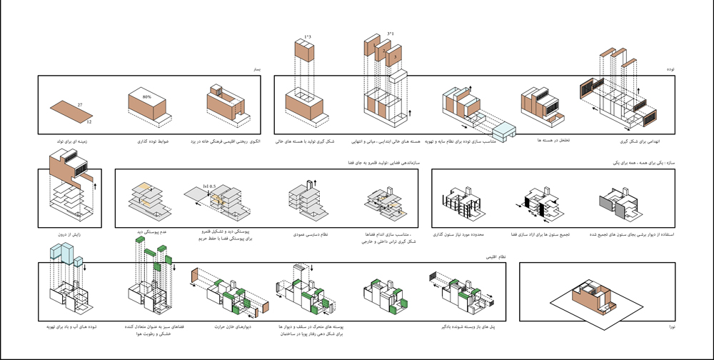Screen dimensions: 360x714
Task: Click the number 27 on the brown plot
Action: point(80,106)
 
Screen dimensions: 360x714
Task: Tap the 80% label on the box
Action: point(147,96)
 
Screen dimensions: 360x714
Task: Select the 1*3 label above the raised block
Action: point(307,36)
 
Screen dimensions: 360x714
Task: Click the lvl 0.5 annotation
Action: point(208,186)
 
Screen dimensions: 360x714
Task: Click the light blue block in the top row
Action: point(503,131)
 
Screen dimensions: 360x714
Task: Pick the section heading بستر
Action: point(255,69)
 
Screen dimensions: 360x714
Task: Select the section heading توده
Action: point(670,69)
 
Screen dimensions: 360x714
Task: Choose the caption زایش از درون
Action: point(65,234)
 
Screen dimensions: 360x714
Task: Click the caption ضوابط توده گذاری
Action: point(152,141)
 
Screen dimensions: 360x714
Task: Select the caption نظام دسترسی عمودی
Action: point(311,234)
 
